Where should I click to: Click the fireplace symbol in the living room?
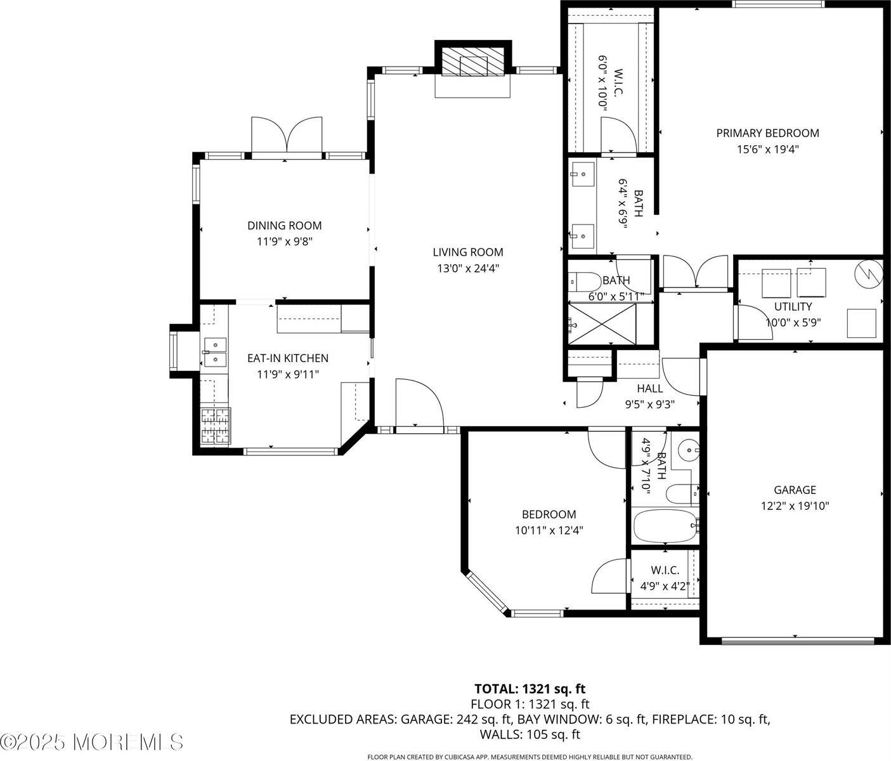[x=472, y=63]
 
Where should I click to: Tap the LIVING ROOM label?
[x=468, y=252]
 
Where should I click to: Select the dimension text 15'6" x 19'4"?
[x=767, y=150]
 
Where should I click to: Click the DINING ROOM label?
[x=284, y=226]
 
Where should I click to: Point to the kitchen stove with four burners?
[x=216, y=425]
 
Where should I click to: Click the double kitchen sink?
[x=215, y=353]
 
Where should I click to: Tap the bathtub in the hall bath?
[x=666, y=525]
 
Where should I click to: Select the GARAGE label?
[x=795, y=490]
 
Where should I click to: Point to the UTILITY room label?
[x=793, y=307]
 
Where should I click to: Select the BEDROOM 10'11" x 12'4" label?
[x=549, y=523]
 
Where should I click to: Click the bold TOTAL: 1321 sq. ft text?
[x=530, y=689]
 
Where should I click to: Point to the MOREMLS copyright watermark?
[x=93, y=741]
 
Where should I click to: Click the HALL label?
[x=650, y=389]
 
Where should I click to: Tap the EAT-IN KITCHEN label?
[x=287, y=358]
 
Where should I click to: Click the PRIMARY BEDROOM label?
[x=767, y=133]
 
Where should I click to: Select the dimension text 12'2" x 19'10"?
[x=795, y=506]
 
